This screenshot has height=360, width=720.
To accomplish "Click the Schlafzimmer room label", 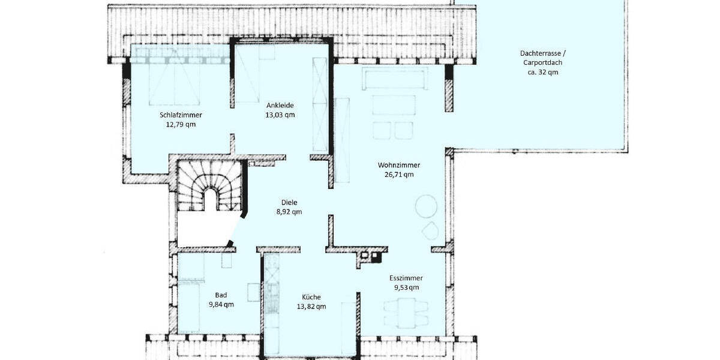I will pos(181,115).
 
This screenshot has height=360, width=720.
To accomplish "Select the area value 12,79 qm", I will pos(181,125).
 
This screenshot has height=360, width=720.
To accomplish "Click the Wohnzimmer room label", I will pos(398,165).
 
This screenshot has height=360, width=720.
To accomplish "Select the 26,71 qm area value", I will pos(398,175).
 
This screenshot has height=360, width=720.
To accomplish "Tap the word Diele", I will pos(290,202).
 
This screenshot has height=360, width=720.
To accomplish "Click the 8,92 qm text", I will pos(289,212).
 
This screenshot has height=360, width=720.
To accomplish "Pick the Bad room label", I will pos(221,295).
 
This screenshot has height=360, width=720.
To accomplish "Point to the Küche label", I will pos(311,296).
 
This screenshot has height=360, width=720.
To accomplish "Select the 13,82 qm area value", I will pos(311,307).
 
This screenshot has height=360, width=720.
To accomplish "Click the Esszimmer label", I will pos(406,278).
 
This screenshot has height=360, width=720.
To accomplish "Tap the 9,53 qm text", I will pos(406,287).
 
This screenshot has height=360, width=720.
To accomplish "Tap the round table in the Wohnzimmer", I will pos(427,206).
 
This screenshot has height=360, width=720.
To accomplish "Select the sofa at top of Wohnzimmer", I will pos(395,78).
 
